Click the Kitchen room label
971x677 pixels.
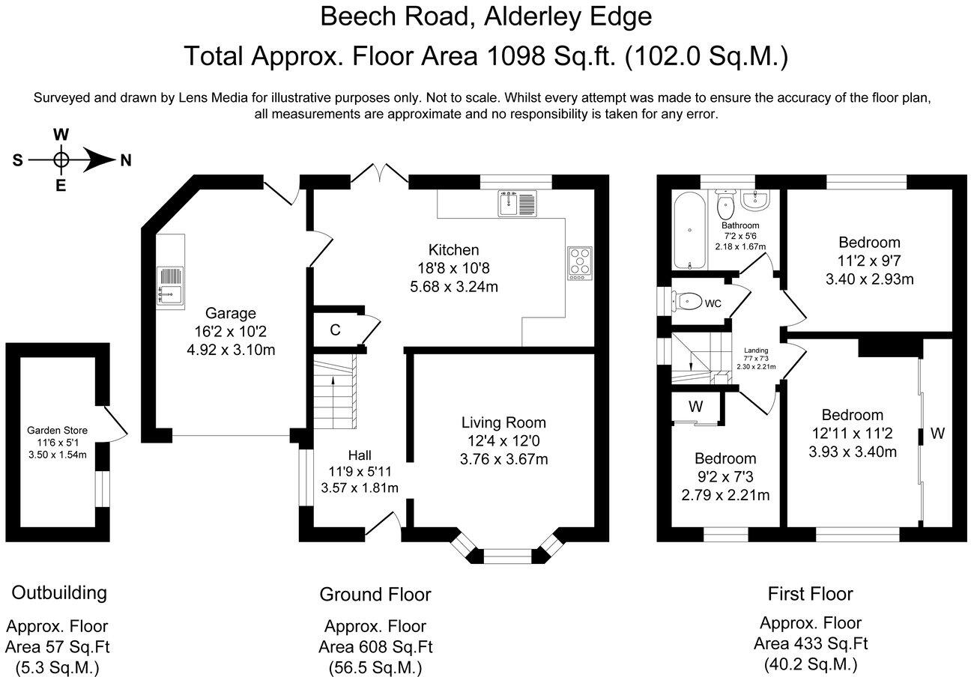pyautogui.click(x=453, y=250)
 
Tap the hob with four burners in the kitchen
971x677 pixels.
pyautogui.click(x=580, y=263)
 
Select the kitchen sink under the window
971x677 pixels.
pyautogui.click(x=517, y=204)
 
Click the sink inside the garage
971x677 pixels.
pyautogui.click(x=169, y=286)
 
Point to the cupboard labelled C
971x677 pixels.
pyautogui.click(x=335, y=330)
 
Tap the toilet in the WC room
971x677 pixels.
pyautogui.click(x=686, y=302)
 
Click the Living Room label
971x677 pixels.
pyautogui.click(x=503, y=422)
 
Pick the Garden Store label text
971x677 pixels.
pyautogui.click(x=57, y=430)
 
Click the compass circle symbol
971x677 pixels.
pyautogui.click(x=61, y=160)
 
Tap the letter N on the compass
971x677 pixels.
pyautogui.click(x=125, y=160)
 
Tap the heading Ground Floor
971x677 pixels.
pyautogui.click(x=375, y=595)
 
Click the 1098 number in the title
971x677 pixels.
pyautogui.click(x=508, y=56)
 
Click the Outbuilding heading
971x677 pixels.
pyautogui.click(x=59, y=592)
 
